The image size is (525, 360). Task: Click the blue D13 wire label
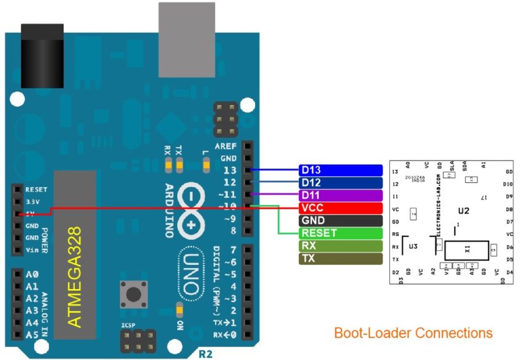coord(340,170)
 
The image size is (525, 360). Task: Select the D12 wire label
coord(340,183)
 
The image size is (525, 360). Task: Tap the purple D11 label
coord(340,195)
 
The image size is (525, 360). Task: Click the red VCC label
coord(340,208)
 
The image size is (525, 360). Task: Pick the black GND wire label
coord(340,220)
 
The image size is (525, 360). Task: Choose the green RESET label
coord(340,233)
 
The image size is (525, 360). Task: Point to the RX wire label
coord(340,246)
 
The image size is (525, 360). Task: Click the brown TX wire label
coord(340,259)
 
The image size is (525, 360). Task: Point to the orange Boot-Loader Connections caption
coord(413,333)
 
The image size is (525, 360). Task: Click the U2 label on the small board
coord(464,211)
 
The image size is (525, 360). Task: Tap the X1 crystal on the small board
coord(467,250)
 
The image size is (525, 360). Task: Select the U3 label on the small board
coord(413,246)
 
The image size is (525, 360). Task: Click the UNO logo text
coord(192,272)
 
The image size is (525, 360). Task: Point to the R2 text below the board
coord(206,354)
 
